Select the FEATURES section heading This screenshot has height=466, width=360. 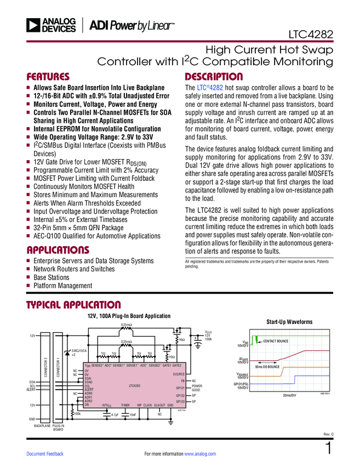[48, 76]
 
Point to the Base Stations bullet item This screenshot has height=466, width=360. [52, 277]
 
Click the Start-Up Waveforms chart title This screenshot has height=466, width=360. [289, 322]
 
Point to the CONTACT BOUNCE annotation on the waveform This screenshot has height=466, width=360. [276, 342]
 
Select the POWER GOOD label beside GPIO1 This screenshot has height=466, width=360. [197, 388]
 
